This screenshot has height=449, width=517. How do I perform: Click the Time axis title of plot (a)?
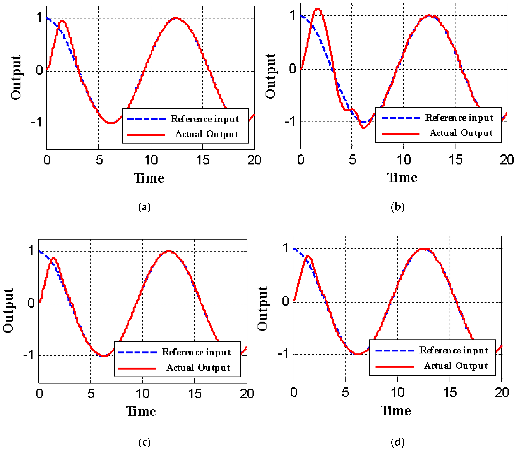pyautogui.click(x=149, y=178)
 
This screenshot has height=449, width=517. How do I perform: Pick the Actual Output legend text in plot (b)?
pyautogui.click(x=461, y=133)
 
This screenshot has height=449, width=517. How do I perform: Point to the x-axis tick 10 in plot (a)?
pyautogui.click(x=151, y=160)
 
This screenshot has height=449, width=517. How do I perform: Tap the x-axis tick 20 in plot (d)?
pyautogui.click(x=502, y=392)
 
